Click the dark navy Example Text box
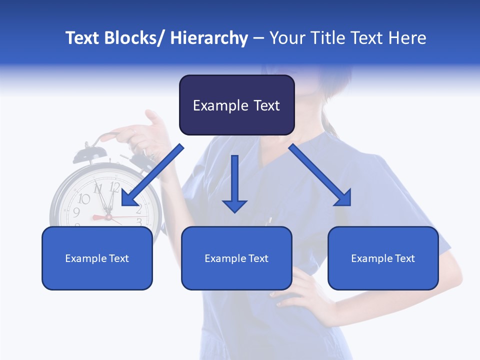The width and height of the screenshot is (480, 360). pos(236,105)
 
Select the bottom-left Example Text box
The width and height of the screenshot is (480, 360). pos(97,258)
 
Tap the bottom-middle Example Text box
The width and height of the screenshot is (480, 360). pos(236,258)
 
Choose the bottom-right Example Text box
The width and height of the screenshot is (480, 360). pos(383,258)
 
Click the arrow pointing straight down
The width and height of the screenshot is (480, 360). pos(234,183)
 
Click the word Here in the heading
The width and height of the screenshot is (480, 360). pos(408,38)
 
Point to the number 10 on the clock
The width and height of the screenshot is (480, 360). pos(84,199)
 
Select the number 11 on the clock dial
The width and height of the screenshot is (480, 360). pos(98,189)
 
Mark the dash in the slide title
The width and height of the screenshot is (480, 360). pos(258,38)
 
